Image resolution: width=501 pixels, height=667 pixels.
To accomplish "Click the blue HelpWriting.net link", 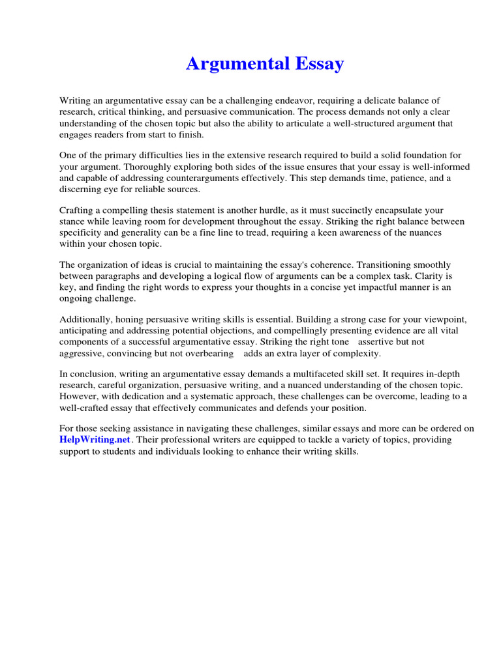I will pyautogui.click(x=96, y=440).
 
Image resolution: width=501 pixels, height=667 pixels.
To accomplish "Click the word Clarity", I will pyautogui.click(x=423, y=276).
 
